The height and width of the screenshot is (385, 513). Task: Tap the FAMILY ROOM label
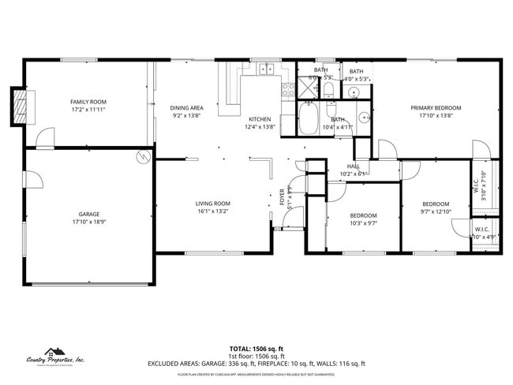tap(88, 102)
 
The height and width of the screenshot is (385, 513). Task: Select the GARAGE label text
tap(88, 215)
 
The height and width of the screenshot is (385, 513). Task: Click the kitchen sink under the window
tap(266, 69)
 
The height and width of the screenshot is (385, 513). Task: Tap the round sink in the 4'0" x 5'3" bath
tap(354, 93)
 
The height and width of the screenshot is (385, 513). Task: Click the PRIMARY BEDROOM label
tap(435, 107)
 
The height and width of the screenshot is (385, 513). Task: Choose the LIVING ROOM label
tap(212, 204)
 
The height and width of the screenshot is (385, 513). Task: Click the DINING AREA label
tap(187, 107)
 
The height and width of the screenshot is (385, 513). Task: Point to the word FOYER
tap(283, 197)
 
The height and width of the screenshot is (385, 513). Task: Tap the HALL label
tap(354, 166)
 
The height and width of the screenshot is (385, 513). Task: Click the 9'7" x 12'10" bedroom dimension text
tap(435, 211)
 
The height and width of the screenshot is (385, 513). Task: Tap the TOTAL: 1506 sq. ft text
tap(256, 348)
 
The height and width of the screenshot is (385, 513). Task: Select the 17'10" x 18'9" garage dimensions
tap(88, 222)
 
